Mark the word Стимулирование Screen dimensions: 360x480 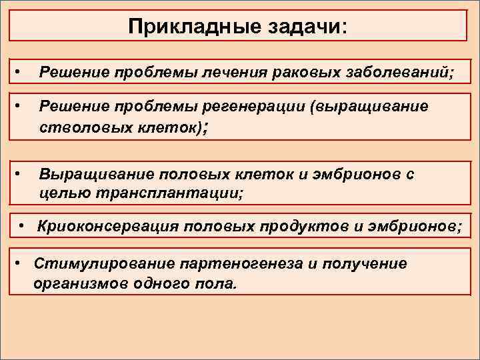tap(97, 263)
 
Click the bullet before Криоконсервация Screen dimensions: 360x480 tap(23, 226)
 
